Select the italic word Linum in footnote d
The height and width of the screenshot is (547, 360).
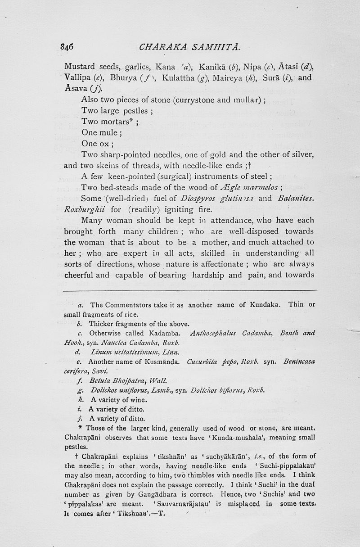pyautogui.click(x=99, y=352)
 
